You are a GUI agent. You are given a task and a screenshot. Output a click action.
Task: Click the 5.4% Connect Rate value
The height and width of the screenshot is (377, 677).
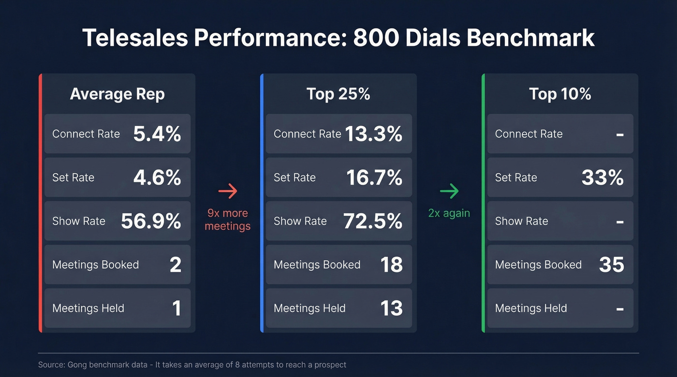(157, 134)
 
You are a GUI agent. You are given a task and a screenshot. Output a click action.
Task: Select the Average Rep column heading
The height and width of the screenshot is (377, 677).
(117, 94)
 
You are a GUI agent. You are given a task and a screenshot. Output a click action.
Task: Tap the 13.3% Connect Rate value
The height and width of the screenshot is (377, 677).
(373, 134)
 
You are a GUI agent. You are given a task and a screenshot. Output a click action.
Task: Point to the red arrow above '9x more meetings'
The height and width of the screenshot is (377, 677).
(228, 191)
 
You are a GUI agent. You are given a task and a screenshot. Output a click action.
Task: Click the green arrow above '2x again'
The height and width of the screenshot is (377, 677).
(449, 191)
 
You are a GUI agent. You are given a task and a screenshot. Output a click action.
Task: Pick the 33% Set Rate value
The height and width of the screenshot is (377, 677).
(602, 178)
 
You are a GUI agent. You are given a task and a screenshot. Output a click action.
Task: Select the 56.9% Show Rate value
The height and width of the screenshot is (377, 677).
(151, 221)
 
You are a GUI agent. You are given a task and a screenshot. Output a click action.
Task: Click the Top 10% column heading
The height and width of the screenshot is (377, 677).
(560, 94)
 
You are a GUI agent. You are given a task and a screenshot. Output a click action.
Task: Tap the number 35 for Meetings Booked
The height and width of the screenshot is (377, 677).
(612, 265)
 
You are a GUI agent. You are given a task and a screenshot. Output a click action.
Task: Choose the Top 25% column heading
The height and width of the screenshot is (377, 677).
(338, 94)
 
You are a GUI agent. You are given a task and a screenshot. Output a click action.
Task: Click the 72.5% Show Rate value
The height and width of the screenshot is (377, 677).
(373, 221)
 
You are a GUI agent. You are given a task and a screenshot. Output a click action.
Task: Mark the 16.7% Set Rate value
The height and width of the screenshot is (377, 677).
(374, 178)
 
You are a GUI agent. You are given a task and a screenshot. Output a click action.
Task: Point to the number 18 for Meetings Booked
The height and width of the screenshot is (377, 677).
(391, 265)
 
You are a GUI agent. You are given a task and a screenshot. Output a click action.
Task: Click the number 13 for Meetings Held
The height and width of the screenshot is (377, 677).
(391, 308)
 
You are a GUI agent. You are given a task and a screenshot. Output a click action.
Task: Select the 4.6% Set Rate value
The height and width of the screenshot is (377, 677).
(157, 178)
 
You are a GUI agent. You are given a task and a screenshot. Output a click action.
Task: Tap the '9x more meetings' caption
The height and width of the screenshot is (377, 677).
(228, 219)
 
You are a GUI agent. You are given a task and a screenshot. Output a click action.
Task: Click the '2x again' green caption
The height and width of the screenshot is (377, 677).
(449, 213)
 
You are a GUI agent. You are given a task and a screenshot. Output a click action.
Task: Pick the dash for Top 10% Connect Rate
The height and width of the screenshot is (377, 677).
(619, 134)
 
